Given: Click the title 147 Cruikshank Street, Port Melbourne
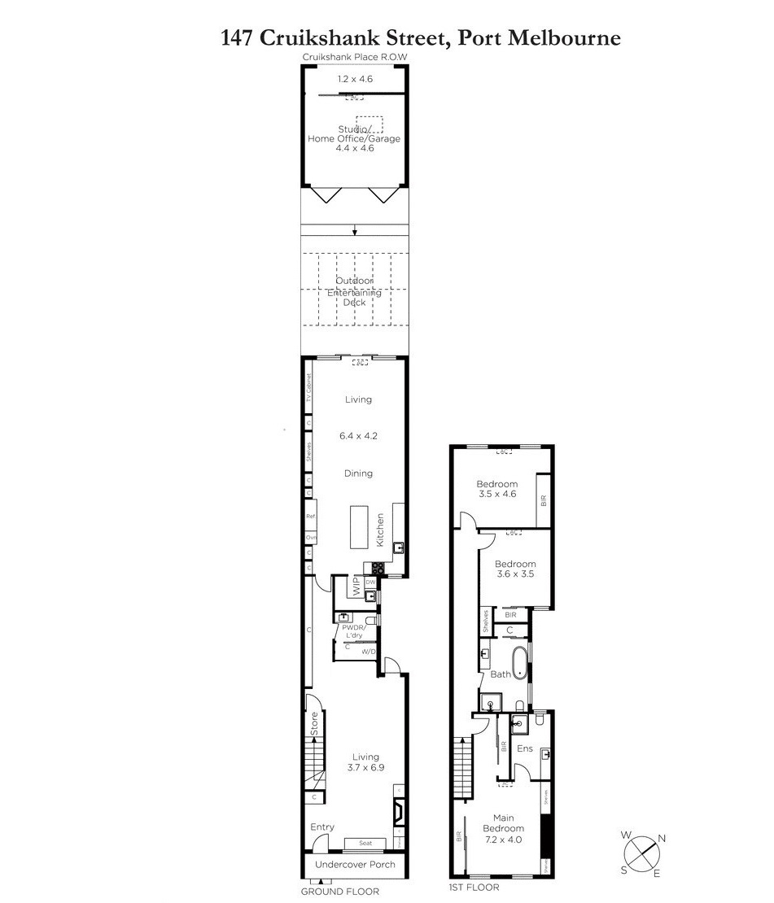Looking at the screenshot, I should pyautogui.click(x=421, y=37).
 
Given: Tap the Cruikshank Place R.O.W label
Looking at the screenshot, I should pyautogui.click(x=355, y=57).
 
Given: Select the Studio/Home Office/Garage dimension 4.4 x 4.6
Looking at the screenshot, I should pyautogui.click(x=354, y=149).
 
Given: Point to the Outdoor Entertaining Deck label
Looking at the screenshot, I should pyautogui.click(x=354, y=292).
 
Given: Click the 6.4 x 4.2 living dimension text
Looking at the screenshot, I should pyautogui.click(x=358, y=436).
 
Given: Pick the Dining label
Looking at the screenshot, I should pyautogui.click(x=358, y=473).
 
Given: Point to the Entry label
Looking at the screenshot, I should pyautogui.click(x=322, y=827).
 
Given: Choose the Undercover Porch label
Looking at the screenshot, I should pyautogui.click(x=355, y=865).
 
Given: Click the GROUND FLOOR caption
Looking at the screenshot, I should pyautogui.click(x=340, y=892).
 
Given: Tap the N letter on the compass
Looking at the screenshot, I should pyautogui.click(x=662, y=839).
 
